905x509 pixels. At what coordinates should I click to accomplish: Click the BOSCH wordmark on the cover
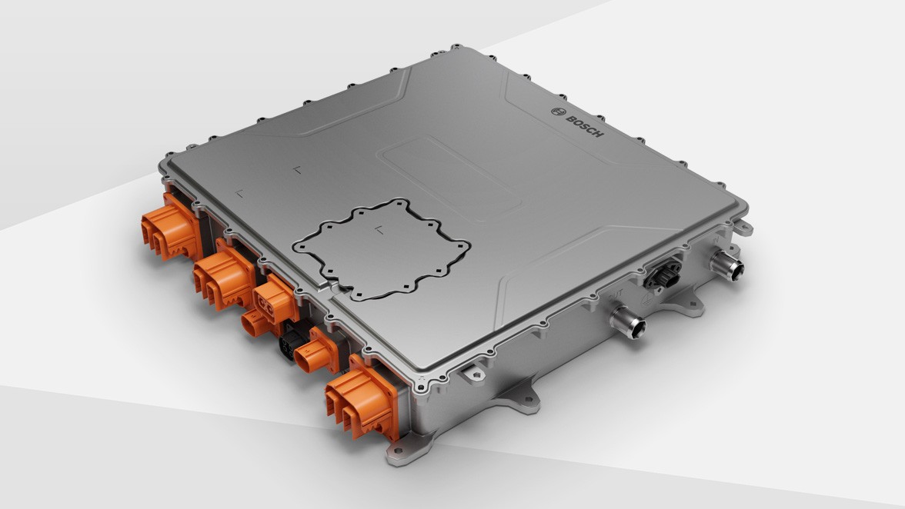pyautogui.click(x=586, y=125)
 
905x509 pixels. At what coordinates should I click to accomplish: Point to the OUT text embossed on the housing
pyautogui.click(x=613, y=295)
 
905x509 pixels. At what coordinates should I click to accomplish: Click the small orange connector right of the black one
pyautogui.click(x=316, y=353)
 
